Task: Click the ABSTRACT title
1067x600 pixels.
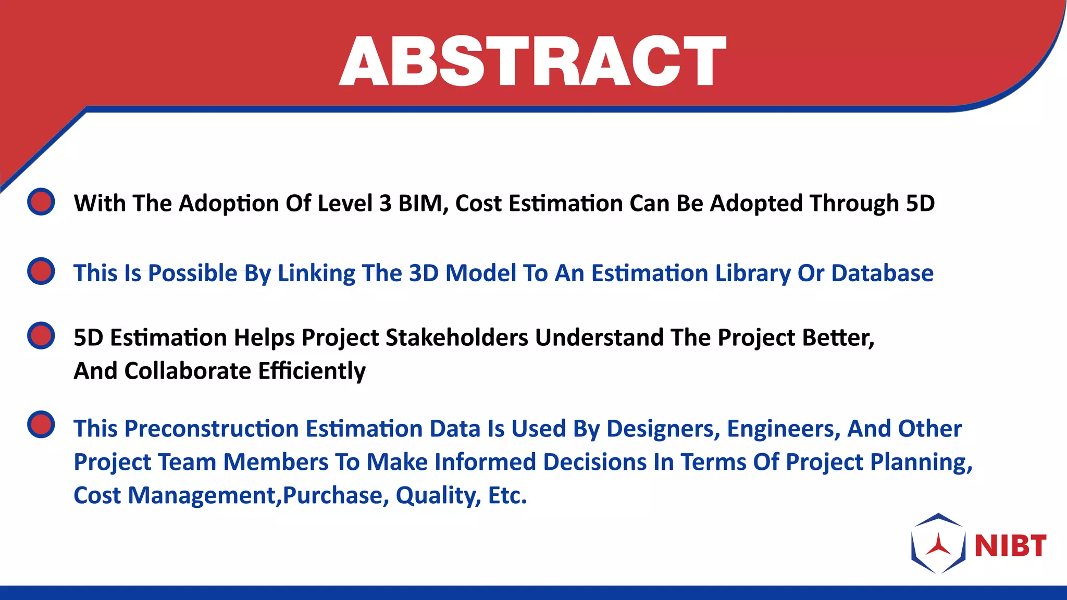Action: [532, 61]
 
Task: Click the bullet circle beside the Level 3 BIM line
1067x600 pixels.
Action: [41, 202]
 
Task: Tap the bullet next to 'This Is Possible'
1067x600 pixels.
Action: [41, 271]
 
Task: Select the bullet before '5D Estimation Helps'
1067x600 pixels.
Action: [41, 335]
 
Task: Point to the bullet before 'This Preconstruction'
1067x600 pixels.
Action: [41, 424]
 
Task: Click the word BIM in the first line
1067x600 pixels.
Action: [423, 203]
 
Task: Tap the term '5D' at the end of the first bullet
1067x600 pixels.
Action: [920, 203]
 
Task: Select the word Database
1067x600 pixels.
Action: [882, 273]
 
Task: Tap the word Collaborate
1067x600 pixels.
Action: [188, 371]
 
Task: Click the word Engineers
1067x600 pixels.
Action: [783, 429]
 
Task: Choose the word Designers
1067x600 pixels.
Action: [663, 429]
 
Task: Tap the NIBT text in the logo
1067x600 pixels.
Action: [1010, 546]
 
